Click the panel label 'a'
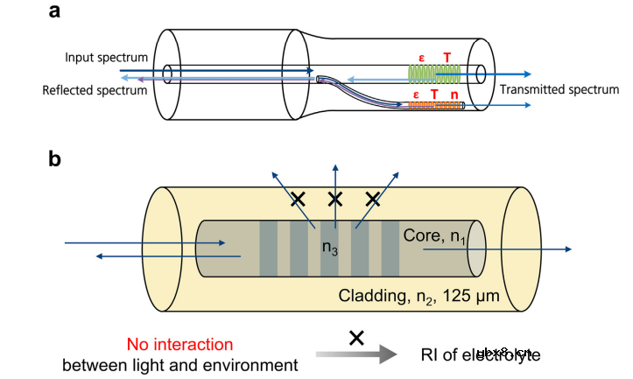click(55, 12)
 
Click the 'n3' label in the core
click(330, 248)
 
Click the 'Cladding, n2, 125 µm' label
click(418, 296)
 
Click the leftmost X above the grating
click(298, 200)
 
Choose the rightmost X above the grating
click(373, 200)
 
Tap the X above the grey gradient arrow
click(356, 337)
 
